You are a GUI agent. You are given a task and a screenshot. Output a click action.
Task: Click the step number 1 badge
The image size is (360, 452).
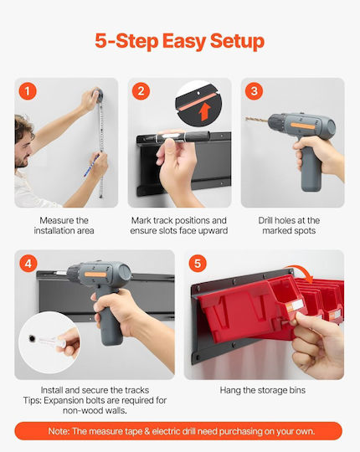pyautogui.click(x=28, y=91)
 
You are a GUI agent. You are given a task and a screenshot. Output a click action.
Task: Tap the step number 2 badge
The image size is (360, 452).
pyautogui.click(x=141, y=91)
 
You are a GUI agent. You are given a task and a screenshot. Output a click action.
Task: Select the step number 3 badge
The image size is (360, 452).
pyautogui.click(x=254, y=91)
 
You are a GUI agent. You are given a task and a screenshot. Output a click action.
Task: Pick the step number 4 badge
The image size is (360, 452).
pyautogui.click(x=28, y=264)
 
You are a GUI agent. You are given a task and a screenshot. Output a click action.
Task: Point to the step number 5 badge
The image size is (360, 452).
pyautogui.click(x=198, y=263)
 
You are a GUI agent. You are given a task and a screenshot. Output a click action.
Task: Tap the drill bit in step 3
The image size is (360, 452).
pyautogui.click(x=257, y=120)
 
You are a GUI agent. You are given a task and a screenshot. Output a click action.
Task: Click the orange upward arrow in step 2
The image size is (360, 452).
pyautogui.click(x=205, y=111)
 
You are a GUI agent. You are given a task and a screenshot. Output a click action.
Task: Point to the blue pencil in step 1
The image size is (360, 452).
pyautogui.click(x=91, y=166)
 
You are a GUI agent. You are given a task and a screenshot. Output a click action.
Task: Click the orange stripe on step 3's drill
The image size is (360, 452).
pyautogui.click(x=302, y=126)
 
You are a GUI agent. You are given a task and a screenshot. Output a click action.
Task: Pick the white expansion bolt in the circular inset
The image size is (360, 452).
pyautogui.click(x=52, y=342)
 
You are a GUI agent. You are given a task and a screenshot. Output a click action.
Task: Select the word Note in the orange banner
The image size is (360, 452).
pyautogui.click(x=59, y=431)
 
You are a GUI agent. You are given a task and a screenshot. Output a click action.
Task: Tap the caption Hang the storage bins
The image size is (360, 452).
pyautogui.click(x=263, y=390)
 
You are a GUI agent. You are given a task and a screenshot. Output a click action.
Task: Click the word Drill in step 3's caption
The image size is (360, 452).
pyautogui.click(x=265, y=220)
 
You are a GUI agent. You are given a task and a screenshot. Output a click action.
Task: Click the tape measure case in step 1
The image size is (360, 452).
pyautogui.click(x=98, y=95)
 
